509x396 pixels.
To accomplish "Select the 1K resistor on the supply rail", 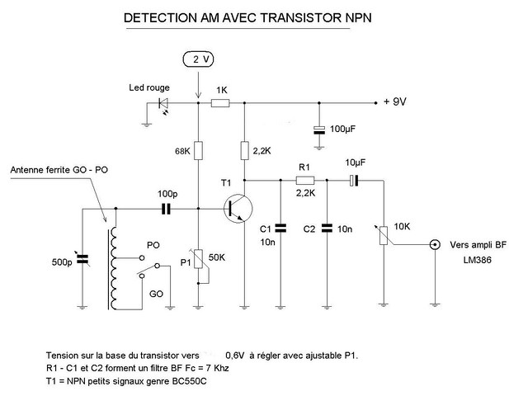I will coord(221,103).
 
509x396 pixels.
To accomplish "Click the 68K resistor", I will coord(198,151).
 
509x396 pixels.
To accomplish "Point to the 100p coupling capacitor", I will coord(167,210).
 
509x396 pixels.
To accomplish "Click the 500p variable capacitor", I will coord(82,260).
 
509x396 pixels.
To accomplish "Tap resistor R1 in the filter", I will coord(305,179).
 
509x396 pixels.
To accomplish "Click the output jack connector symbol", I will coord(434,245).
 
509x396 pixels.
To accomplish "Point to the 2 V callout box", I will coord(198,59).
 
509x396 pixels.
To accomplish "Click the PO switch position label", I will coord(153,246).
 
